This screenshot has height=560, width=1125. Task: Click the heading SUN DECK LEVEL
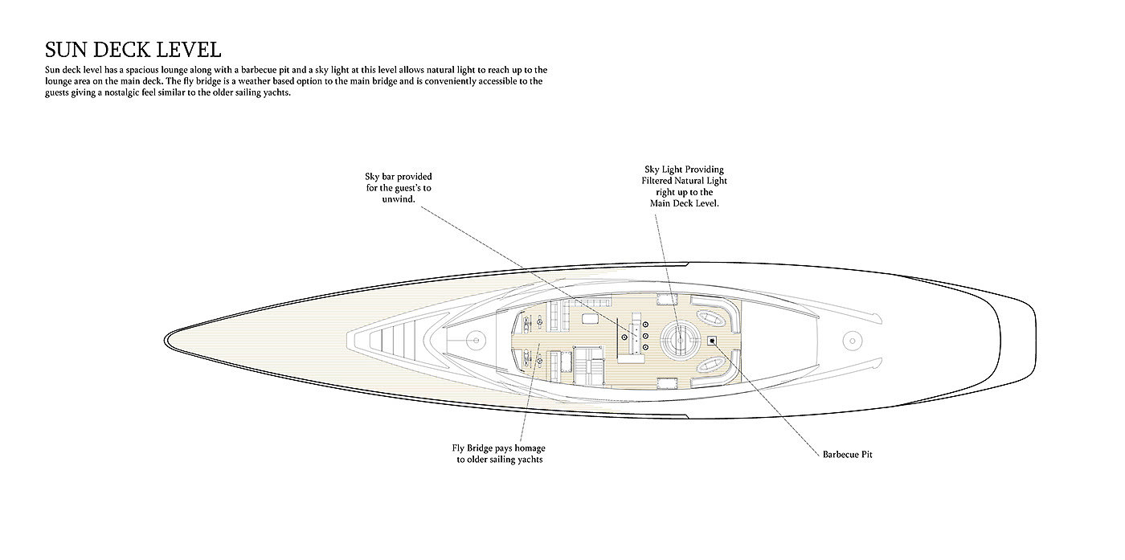133,49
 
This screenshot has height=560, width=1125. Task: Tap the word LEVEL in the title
189,49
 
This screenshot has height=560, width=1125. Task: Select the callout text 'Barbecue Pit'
847,455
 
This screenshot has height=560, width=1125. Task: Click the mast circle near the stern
851,340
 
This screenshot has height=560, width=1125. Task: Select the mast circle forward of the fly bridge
475,340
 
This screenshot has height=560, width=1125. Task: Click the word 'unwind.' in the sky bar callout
399,198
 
